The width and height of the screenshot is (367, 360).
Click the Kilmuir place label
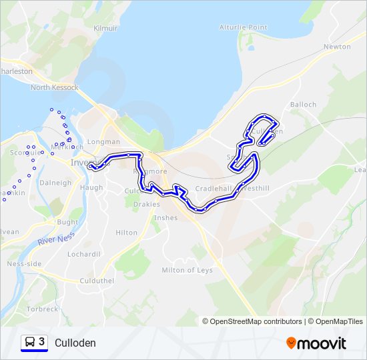coord(106,28)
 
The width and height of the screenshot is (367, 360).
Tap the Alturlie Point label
coord(243,27)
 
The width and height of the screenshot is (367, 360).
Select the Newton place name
coord(337,47)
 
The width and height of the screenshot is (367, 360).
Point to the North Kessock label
coord(54,87)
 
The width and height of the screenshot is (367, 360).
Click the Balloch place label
coord(304,105)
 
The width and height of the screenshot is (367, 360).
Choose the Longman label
coord(103,141)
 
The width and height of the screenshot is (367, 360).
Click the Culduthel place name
coord(97,281)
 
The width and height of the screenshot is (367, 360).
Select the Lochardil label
coord(83,254)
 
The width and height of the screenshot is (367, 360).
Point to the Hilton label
coord(126,233)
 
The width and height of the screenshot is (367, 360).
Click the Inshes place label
coord(165,217)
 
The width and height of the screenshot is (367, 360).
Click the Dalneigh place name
coord(55,183)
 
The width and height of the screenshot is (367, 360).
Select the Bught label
coord(67,222)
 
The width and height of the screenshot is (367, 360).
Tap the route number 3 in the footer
coord(42,342)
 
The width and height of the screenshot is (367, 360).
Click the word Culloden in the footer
coord(75,343)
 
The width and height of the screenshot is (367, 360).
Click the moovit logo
coord(316,343)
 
